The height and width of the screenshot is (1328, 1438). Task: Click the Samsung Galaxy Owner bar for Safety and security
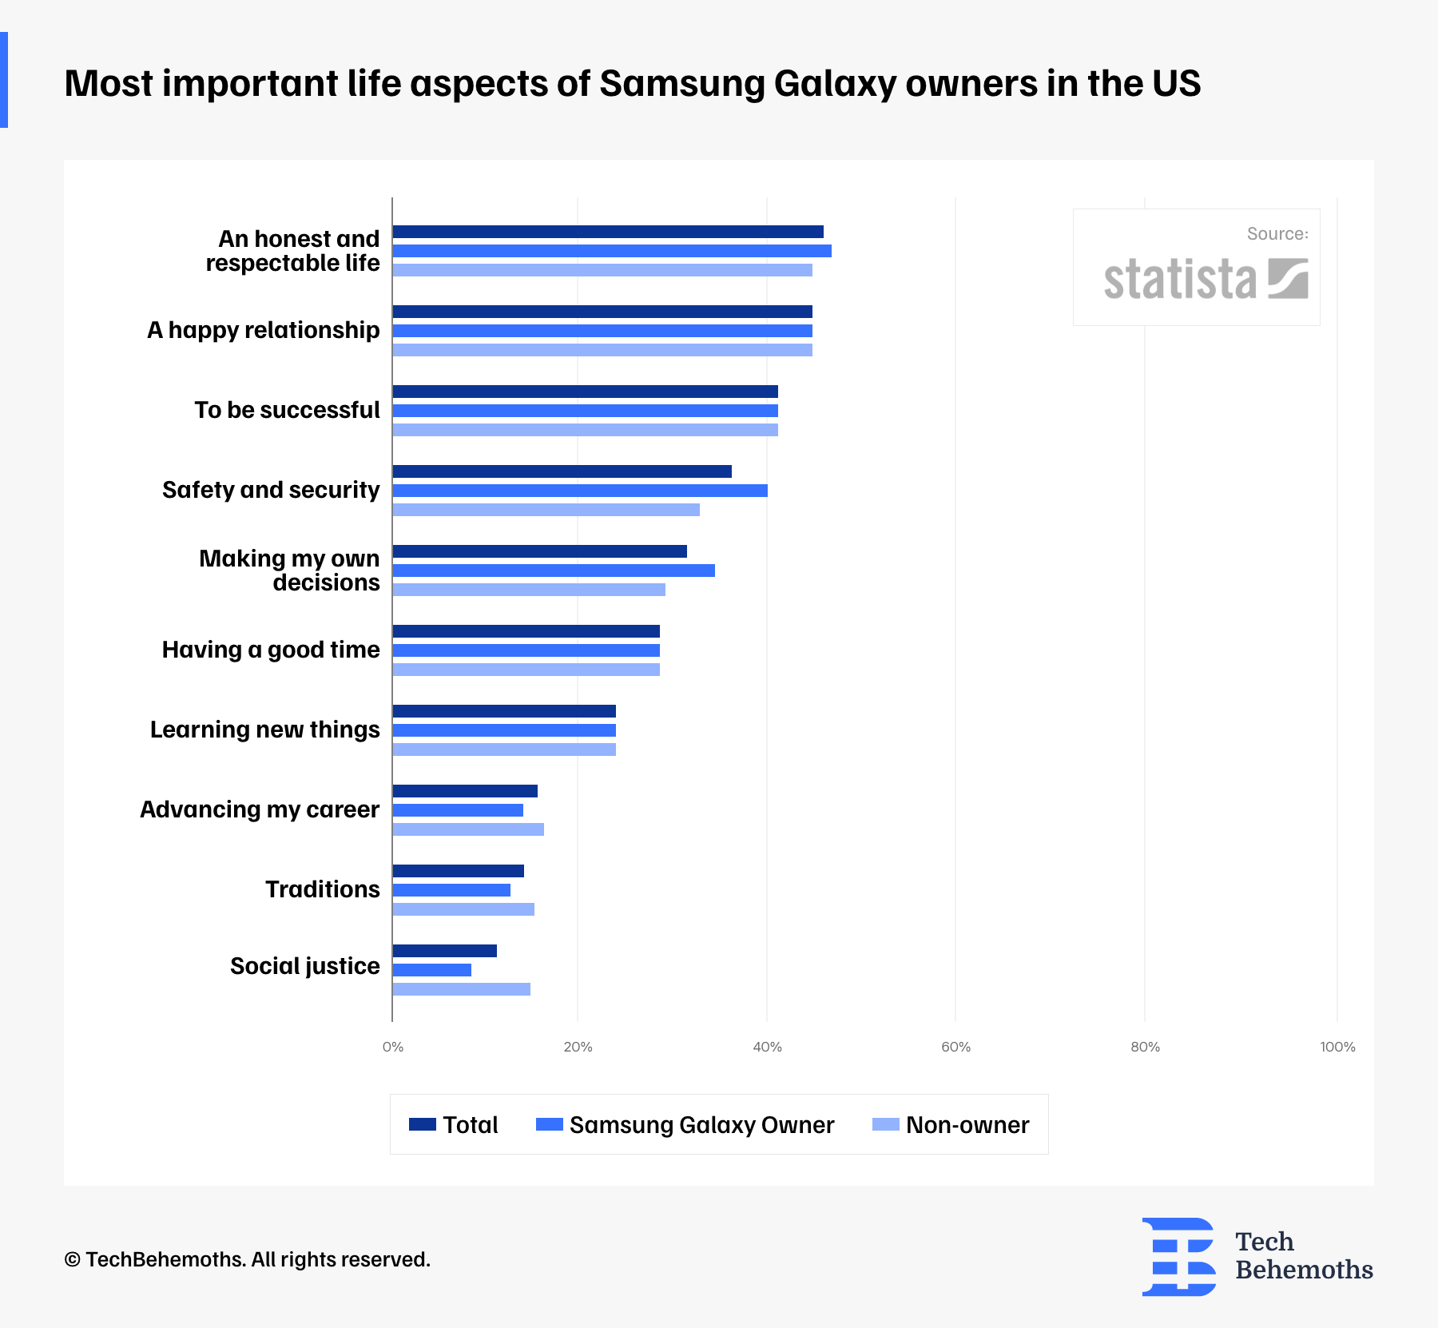tap(580, 491)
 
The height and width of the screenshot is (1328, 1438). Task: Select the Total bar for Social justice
tap(445, 951)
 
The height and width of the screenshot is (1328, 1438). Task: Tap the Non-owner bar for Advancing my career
tap(468, 829)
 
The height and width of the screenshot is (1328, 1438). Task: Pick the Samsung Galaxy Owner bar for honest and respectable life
tap(612, 251)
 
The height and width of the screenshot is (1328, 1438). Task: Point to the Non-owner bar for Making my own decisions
tap(529, 590)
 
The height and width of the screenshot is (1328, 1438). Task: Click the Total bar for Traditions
tap(459, 871)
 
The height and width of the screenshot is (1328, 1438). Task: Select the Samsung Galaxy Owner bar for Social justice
tap(432, 970)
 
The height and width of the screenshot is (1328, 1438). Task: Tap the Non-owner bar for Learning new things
tap(504, 749)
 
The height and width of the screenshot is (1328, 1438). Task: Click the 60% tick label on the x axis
tap(955, 1047)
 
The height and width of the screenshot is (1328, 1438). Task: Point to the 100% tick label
tap(1337, 1047)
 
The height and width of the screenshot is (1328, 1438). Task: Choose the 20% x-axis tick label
tap(578, 1047)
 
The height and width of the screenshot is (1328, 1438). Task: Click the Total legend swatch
tap(423, 1124)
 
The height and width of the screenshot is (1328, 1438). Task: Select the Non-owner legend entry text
tap(967, 1125)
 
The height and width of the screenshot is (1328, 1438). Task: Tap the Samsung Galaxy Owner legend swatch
tap(550, 1124)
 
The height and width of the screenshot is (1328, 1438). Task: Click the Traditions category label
tap(322, 889)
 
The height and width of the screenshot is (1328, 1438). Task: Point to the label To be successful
tap(287, 410)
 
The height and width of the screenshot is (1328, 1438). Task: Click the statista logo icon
tap(1288, 278)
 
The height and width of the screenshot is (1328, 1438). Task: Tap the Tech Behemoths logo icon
tap(1178, 1256)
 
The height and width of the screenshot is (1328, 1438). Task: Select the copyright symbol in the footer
tap(73, 1260)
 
